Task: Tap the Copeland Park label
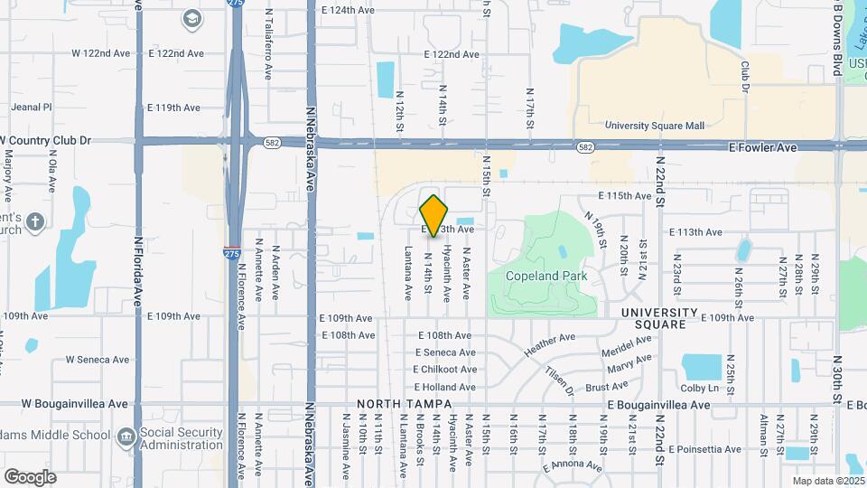[x=546, y=276]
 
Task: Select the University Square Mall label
[x=654, y=126]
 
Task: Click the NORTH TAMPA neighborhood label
[x=398, y=404]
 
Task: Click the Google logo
[x=30, y=476]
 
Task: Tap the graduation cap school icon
[x=191, y=18]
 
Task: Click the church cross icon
[x=35, y=221]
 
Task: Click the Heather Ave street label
[x=549, y=343]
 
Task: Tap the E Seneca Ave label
[x=444, y=352]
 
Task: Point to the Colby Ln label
[x=699, y=389]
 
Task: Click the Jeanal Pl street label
[x=32, y=107]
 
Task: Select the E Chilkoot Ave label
[x=444, y=370]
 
